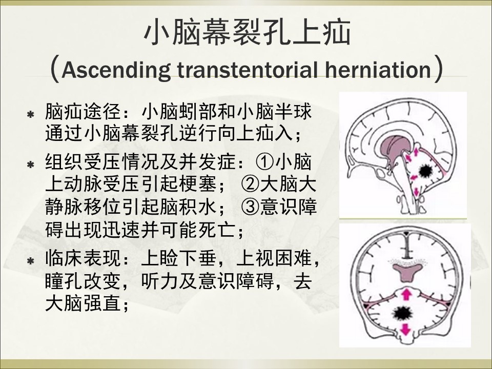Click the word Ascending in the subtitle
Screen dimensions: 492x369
[x=116, y=70]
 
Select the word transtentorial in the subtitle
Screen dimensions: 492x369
[x=248, y=69]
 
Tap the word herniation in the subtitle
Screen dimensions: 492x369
[x=378, y=69]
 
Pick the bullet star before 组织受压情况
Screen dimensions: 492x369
[x=30, y=165]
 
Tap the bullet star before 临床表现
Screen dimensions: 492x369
[x=30, y=261]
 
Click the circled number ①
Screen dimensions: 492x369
[x=264, y=162]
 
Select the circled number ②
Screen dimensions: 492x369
[x=250, y=184]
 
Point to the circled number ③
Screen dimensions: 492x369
[x=250, y=207]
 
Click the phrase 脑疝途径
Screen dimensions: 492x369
[x=83, y=112]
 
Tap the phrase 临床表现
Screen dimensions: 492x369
[x=83, y=258]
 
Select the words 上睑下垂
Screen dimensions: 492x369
[x=179, y=258]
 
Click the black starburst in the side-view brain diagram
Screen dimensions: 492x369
[x=426, y=171]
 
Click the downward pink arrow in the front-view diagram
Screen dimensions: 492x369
[x=406, y=330]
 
